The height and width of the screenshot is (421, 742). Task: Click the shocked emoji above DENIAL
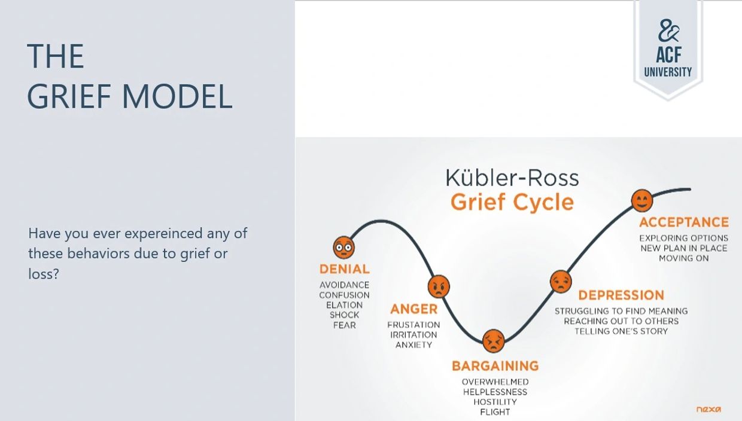pos(343,247)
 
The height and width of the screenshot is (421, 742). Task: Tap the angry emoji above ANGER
pos(439,287)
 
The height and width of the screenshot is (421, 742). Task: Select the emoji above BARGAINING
pos(493,341)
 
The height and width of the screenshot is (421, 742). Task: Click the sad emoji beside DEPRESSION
pos(561,281)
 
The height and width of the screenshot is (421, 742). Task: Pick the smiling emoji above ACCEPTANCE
pos(642,201)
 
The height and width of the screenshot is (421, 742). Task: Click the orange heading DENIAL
pos(345,269)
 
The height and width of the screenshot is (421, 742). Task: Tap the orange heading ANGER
pos(414,309)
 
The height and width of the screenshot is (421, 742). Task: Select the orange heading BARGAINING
pos(495,365)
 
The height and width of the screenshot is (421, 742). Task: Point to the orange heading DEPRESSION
pos(621,295)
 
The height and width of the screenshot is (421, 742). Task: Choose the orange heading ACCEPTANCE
pos(684,222)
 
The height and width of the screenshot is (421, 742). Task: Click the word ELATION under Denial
pos(344,305)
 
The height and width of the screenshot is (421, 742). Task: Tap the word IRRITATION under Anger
pos(413,335)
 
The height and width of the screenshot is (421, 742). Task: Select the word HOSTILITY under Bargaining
pos(495,402)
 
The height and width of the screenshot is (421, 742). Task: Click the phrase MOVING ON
pos(684,258)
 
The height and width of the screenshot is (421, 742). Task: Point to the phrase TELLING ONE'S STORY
pos(621,331)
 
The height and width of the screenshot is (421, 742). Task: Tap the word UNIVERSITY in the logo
pos(668,72)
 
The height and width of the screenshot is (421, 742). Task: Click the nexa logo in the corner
pos(708,410)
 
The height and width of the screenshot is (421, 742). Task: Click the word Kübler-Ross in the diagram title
pos(512,178)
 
